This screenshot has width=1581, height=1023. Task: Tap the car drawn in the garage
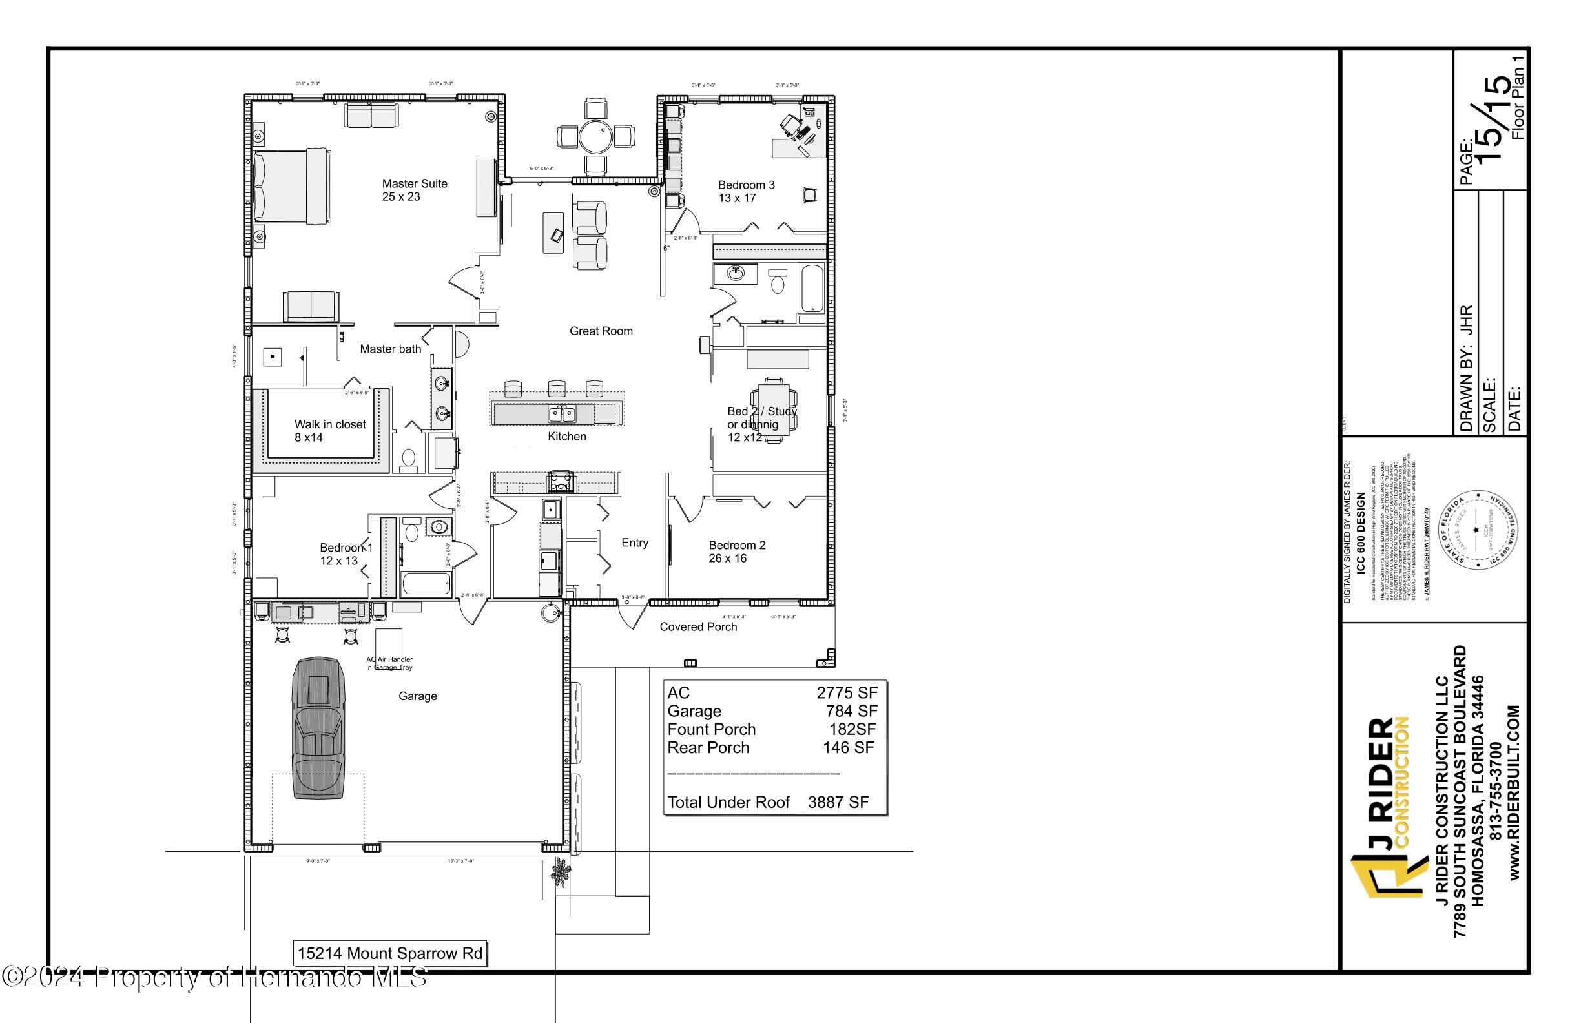tap(318, 728)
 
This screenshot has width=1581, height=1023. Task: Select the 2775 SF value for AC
tap(846, 693)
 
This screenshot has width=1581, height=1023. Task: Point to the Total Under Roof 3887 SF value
tap(838, 803)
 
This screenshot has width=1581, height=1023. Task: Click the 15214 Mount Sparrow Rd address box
tap(390, 954)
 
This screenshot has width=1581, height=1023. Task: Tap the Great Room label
tap(601, 331)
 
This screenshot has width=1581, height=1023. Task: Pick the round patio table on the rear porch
tap(595, 138)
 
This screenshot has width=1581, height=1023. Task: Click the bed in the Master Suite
tap(293, 185)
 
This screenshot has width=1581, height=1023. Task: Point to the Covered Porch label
tap(697, 626)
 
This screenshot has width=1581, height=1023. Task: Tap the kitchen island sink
tap(561, 415)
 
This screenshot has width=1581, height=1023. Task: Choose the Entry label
tap(634, 542)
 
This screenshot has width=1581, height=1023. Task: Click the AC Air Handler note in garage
tap(389, 663)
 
